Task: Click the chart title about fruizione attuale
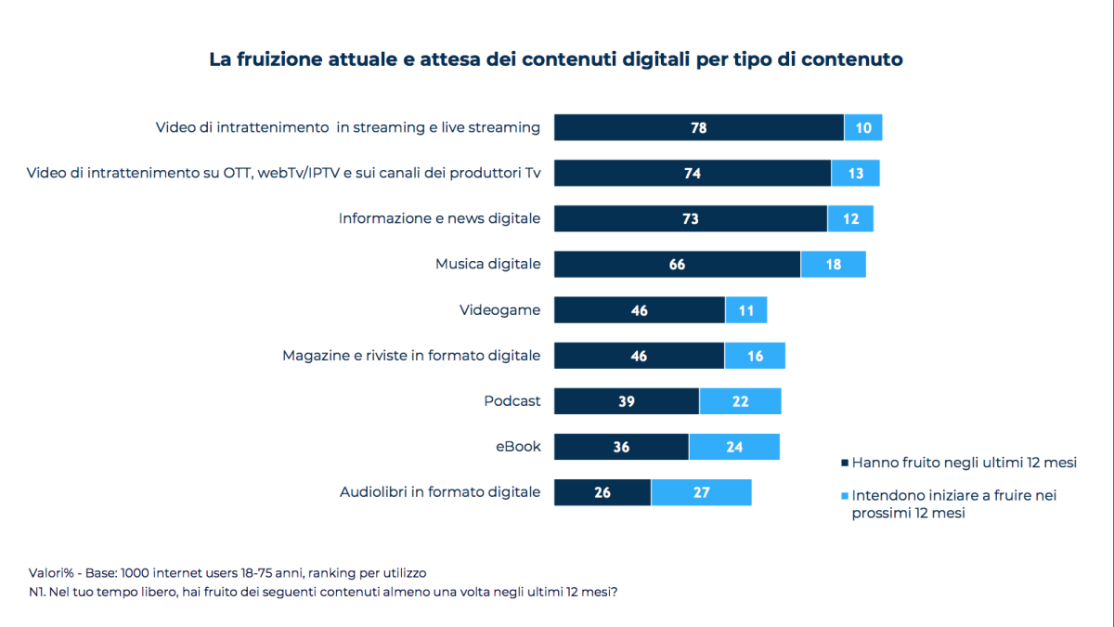[556, 59]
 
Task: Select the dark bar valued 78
[698, 127]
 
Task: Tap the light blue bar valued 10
[863, 127]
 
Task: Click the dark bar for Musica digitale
[677, 265]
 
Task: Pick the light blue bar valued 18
[833, 265]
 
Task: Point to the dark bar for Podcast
[627, 401]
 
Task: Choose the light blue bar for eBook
[734, 447]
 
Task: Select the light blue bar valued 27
[701, 492]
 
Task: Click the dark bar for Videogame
[639, 310]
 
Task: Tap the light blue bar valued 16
[755, 356]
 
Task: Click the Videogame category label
[499, 310]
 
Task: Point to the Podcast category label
[512, 401]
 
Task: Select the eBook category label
[518, 447]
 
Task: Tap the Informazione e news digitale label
[439, 218]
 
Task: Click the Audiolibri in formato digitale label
[440, 492]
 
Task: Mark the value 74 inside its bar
[692, 173]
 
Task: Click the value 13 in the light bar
[855, 173]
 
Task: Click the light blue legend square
[844, 496]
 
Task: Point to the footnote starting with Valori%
[228, 572]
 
